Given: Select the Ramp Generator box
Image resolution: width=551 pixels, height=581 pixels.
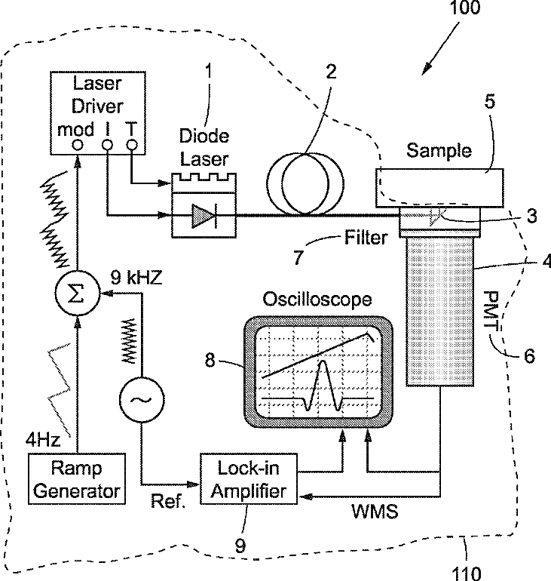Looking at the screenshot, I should pyautogui.click(x=75, y=479).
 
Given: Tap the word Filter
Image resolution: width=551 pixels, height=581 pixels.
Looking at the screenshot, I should pyautogui.click(x=366, y=238).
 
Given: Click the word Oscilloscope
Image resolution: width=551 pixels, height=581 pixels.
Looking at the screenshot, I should pyautogui.click(x=317, y=300).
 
